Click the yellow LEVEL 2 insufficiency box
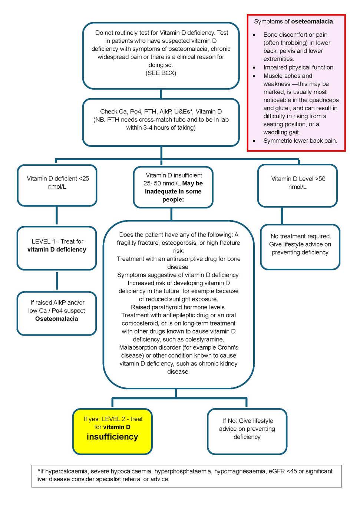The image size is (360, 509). pos(112,431)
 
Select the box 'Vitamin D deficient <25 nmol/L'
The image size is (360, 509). pos(57,185)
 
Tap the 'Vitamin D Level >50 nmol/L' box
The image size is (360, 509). pos(297,185)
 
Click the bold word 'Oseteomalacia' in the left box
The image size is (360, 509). pos(57,319)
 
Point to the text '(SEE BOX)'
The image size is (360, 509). pos(161,73)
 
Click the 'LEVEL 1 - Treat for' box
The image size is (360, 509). pos(57,248)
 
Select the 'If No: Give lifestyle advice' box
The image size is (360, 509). pos(247,431)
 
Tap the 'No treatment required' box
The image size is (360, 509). pos(300,247)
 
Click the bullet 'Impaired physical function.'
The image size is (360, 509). pos(299,67)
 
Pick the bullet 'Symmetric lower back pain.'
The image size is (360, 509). pos(300,141)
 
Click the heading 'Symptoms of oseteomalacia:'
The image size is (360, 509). pos(294,22)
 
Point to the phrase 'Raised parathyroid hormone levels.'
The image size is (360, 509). pos(178,307)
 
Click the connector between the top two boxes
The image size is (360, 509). pos(161,94)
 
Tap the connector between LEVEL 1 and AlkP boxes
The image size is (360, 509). pos(57,281)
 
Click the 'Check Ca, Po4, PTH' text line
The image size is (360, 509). pos(161,112)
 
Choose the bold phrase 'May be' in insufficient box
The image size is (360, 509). pos(192,184)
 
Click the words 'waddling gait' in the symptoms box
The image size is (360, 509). pos(281,132)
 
